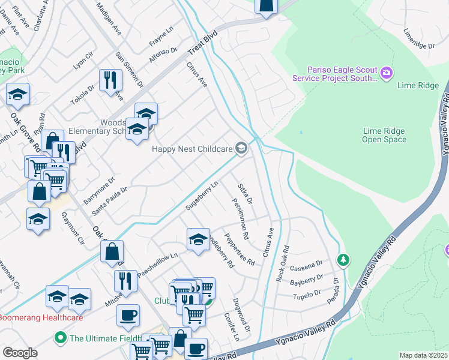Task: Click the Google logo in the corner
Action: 20,353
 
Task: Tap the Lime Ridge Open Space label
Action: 384,135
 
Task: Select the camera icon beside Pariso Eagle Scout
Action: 386,73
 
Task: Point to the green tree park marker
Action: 343,260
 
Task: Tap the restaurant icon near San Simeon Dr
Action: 110,80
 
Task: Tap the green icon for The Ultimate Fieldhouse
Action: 60,338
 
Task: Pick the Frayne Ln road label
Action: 161,40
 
